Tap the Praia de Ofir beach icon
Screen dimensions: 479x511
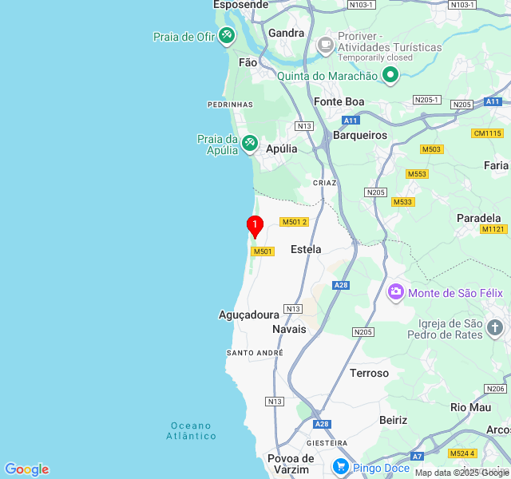pyautogui.click(x=227, y=36)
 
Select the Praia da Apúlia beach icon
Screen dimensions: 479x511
pyautogui.click(x=250, y=142)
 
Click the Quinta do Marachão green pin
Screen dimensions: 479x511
pyautogui.click(x=390, y=76)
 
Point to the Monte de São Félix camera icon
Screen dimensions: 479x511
pyautogui.click(x=395, y=292)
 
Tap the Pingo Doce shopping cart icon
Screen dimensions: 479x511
pyautogui.click(x=341, y=466)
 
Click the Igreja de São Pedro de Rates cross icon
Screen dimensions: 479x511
pyautogui.click(x=495, y=327)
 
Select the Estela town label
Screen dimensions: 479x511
pyautogui.click(x=306, y=249)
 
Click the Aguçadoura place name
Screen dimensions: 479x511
pyautogui.click(x=249, y=315)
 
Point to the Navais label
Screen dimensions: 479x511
pyautogui.click(x=289, y=329)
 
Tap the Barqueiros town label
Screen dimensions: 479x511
pyautogui.click(x=360, y=135)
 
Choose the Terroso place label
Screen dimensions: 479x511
pyautogui.click(x=369, y=373)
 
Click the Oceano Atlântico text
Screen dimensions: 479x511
pyautogui.click(x=192, y=430)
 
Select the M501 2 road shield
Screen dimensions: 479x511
pyautogui.click(x=294, y=221)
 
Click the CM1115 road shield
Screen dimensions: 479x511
pyautogui.click(x=487, y=133)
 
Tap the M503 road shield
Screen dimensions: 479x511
pyautogui.click(x=432, y=149)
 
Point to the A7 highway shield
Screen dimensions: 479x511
pyautogui.click(x=417, y=456)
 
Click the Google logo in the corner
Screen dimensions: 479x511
pyautogui.click(x=27, y=469)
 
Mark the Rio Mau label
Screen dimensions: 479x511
pyautogui.click(x=470, y=406)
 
